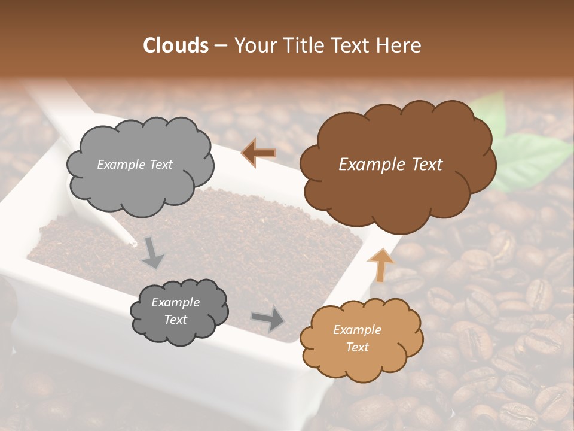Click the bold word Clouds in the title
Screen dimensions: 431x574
click(x=176, y=45)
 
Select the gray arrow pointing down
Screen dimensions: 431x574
click(x=152, y=253)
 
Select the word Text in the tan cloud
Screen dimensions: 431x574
click(x=358, y=347)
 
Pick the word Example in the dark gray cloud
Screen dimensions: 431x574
click(x=175, y=302)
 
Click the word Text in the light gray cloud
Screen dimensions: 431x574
click(x=160, y=165)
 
